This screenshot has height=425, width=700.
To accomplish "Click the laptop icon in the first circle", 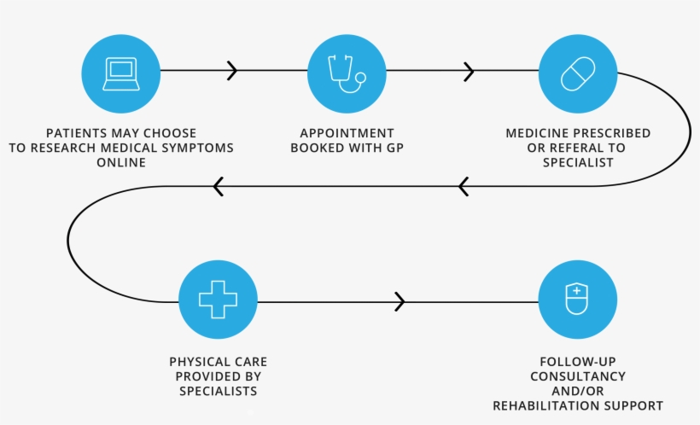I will coord(120,73).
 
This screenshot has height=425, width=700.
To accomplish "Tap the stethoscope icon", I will coord(346,73).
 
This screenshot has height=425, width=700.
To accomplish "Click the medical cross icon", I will coord(218,300).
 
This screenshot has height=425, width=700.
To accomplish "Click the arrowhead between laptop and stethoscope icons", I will coord(231,71).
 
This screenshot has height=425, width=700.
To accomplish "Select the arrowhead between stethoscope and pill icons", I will coord(468,72).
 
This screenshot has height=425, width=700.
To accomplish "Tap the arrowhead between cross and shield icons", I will coord(400,301).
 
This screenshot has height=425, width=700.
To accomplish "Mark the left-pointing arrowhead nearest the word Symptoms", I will coord(219,186).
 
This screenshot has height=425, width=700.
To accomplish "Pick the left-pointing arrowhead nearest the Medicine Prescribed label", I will coord(464,186).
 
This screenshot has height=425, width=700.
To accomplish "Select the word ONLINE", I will coord(120,162).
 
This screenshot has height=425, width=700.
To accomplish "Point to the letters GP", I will coord(394,148).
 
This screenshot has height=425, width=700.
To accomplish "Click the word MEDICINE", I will coord(537,133).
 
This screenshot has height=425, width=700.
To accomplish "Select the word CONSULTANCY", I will coord(577,376).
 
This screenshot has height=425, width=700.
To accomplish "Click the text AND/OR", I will coord(577,391).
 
